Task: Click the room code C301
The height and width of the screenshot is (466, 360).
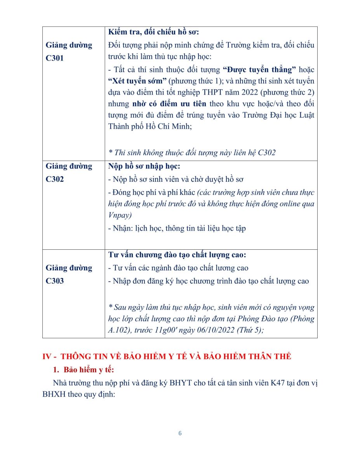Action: click(x=55, y=58)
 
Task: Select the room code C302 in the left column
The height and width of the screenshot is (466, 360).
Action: click(x=55, y=179)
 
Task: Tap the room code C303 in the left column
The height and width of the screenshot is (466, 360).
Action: click(x=55, y=281)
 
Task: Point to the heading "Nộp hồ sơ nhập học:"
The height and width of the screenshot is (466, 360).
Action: click(x=144, y=166)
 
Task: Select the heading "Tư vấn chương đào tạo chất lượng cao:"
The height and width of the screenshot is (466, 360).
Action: click(x=177, y=255)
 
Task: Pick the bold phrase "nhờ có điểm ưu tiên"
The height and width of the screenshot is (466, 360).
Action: click(x=169, y=104)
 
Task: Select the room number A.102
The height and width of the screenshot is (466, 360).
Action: click(x=119, y=330)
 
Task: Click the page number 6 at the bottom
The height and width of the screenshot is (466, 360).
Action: click(x=180, y=433)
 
